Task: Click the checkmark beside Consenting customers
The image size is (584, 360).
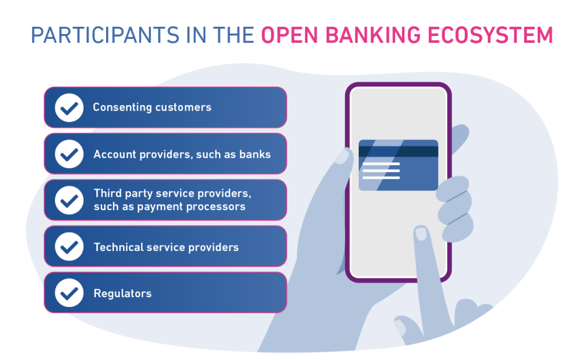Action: pyautogui.click(x=69, y=107)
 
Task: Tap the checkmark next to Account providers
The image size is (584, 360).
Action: pyautogui.click(x=69, y=154)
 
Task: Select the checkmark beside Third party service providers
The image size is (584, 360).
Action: pyautogui.click(x=69, y=200)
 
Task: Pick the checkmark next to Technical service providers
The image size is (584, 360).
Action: pyautogui.click(x=69, y=246)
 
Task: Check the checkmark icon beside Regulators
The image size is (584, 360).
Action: pyautogui.click(x=69, y=293)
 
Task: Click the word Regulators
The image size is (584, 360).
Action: pyautogui.click(x=123, y=294)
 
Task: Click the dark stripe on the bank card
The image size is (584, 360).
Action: pyautogui.click(x=398, y=151)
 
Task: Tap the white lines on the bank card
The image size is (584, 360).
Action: pyautogui.click(x=381, y=171)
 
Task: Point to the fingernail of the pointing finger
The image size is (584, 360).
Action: pyautogui.click(x=421, y=233)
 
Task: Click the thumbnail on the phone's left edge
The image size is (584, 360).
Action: pyautogui.click(x=343, y=156)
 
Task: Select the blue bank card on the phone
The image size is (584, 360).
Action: pyautogui.click(x=398, y=165)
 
